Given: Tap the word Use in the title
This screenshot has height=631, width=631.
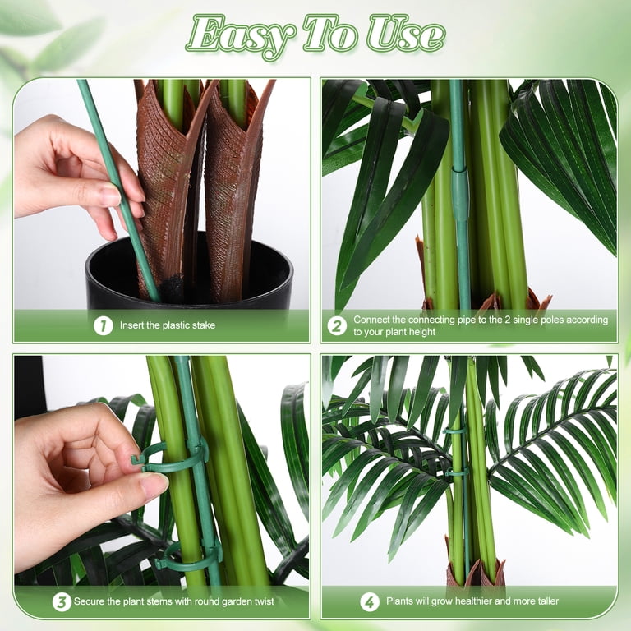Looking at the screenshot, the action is [407, 34].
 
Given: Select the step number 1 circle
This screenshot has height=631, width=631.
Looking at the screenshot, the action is [103, 325].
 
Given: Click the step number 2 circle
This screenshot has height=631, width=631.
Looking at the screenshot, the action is [337, 325].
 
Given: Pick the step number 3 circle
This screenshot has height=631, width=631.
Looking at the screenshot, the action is [62, 602].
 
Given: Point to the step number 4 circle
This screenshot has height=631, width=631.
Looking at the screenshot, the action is [370, 602].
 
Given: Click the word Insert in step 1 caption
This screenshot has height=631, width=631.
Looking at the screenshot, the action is [131, 325].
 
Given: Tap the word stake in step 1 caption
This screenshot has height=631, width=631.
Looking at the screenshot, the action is [204, 325].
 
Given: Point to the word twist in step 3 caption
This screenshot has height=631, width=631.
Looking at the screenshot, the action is [264, 601].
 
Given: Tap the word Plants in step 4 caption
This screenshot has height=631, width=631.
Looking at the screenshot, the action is [399, 601].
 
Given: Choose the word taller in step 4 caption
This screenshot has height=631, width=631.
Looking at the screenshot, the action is [548, 601].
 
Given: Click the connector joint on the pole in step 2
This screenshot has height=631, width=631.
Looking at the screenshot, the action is [460, 196].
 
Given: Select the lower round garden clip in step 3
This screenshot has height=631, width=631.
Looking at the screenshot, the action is [189, 557].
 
